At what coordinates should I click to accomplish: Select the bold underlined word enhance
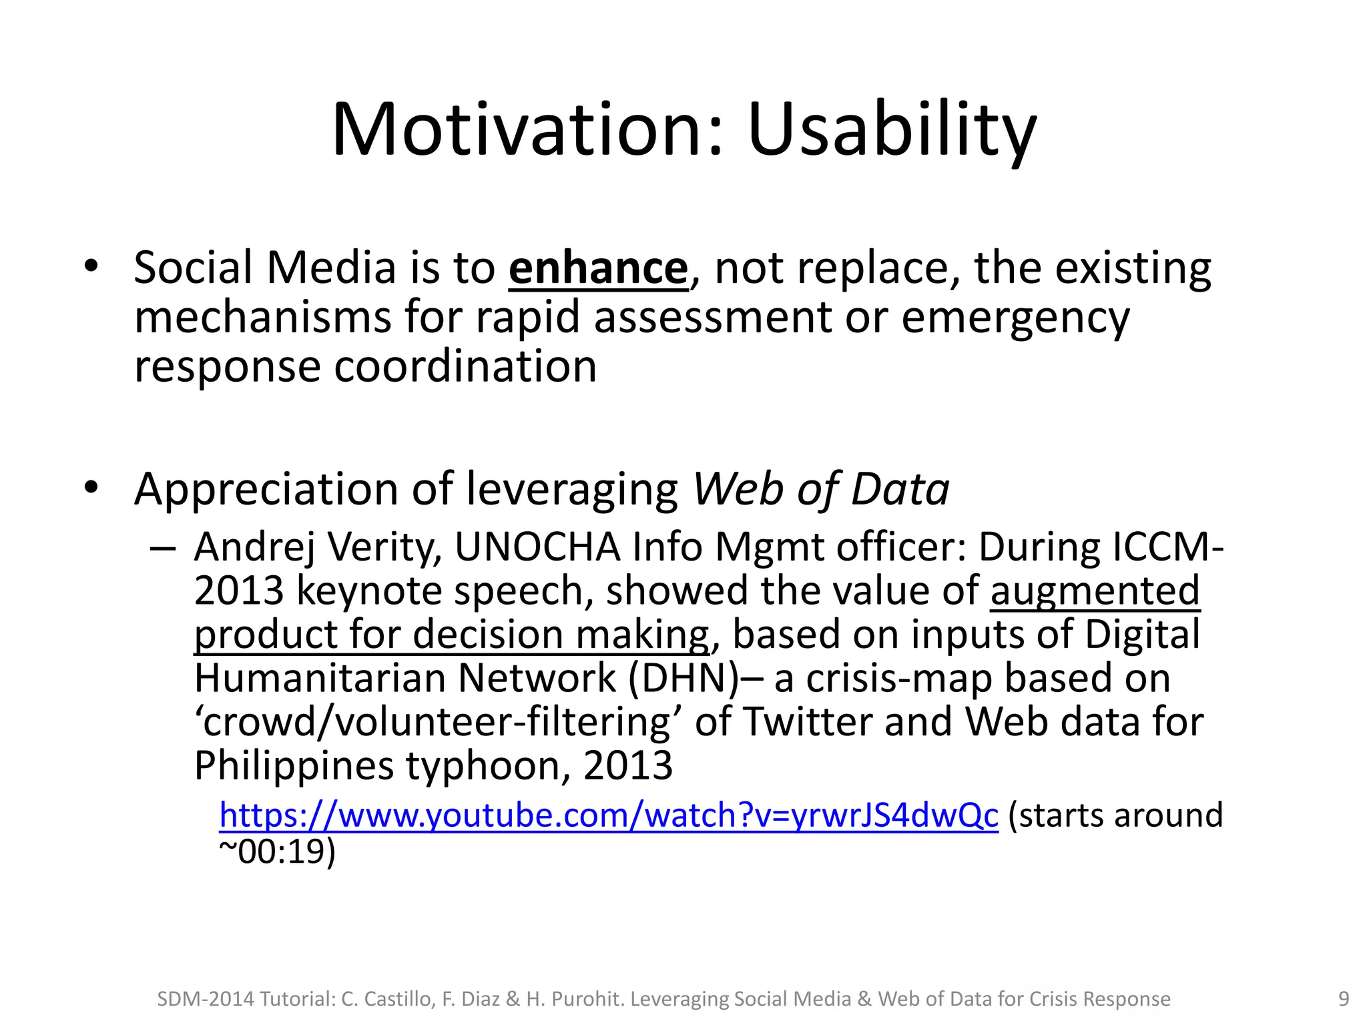(x=597, y=268)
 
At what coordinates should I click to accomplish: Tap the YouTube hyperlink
(x=608, y=815)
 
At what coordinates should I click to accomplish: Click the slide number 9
(x=1344, y=999)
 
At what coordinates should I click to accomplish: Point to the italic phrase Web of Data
(x=821, y=489)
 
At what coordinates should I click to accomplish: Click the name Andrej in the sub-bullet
(x=254, y=549)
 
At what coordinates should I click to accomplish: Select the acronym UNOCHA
(x=538, y=547)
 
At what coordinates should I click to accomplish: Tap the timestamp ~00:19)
(x=278, y=852)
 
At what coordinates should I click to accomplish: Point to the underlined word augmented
(x=1095, y=591)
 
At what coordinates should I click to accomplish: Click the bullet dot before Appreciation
(x=91, y=488)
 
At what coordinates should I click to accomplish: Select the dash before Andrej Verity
(x=163, y=549)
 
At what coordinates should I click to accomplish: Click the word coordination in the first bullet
(x=465, y=367)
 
